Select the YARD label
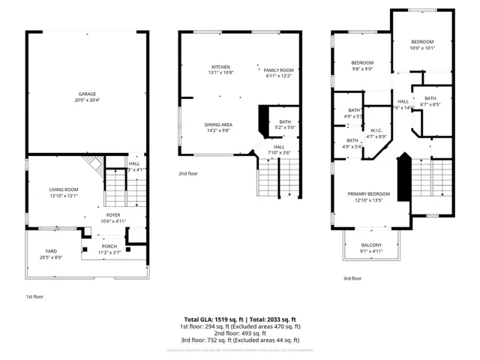51,251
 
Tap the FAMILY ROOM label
277,70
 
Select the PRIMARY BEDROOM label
368,194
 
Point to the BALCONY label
371,245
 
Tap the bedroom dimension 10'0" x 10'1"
423,48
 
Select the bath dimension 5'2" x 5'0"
285,127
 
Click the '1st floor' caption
34,296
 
